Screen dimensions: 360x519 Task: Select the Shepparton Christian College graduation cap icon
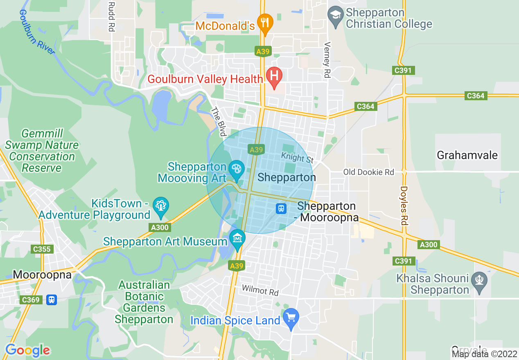336,16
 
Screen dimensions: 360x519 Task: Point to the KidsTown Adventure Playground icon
160,206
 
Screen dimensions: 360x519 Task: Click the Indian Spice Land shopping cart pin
291,317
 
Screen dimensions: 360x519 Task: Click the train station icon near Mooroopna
51,299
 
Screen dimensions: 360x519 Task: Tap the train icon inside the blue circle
281,208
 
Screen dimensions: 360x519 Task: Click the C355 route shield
42,249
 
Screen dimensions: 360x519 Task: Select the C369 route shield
31,300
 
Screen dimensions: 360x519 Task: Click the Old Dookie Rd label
368,172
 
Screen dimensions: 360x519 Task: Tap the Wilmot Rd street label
260,291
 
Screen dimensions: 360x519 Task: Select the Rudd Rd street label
111,16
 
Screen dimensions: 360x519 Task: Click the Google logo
28,350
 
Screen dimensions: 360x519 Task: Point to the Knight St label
298,157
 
